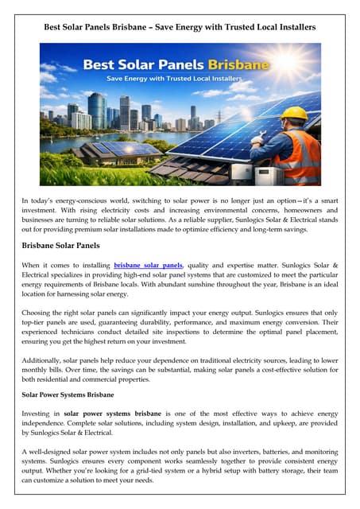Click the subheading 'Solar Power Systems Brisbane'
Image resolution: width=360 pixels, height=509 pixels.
coord(68,394)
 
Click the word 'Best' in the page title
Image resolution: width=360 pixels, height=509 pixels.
coord(54,27)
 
